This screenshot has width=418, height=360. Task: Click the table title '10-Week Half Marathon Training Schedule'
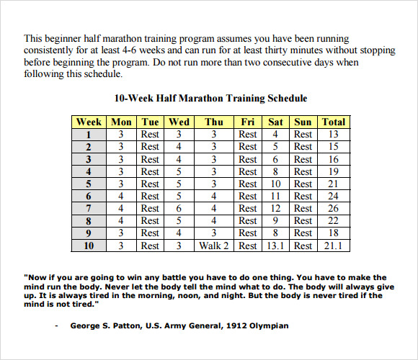pos(210,99)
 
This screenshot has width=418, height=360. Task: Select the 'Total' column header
pos(334,122)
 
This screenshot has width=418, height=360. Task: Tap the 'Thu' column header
pos(214,122)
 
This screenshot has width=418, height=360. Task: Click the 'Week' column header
pos(89,122)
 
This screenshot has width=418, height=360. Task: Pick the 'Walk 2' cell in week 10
pos(214,246)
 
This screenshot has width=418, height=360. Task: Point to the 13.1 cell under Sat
pos(275,246)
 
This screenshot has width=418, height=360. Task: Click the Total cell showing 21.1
pos(334,246)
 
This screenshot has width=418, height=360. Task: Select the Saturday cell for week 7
pos(275,208)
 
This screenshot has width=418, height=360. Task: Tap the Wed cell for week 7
pos(179,208)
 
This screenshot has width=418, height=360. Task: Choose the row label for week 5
pos(89,184)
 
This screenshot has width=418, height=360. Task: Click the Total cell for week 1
pos(334,134)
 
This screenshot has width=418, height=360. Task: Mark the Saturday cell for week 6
pos(275,196)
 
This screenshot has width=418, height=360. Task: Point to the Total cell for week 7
pos(334,208)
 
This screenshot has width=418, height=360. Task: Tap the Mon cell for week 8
pos(121,221)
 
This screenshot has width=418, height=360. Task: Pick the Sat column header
pos(275,122)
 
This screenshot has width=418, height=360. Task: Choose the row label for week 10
pos(89,246)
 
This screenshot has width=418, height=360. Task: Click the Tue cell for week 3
pos(150,159)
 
